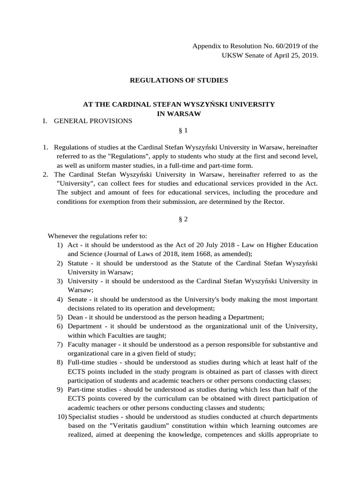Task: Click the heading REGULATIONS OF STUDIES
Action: pos(179,80)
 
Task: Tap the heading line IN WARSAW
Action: pos(179,113)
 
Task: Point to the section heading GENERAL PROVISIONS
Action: pos(93,121)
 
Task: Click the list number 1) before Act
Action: pos(60,245)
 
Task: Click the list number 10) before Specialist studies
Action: pos(61,416)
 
